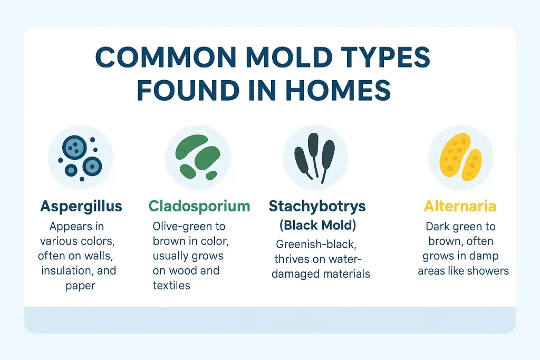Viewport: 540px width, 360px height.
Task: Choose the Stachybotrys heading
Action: pyautogui.click(x=318, y=206)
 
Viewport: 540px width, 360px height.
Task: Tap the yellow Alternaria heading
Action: pyautogui.click(x=460, y=206)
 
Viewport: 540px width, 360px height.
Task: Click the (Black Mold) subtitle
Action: pyautogui.click(x=317, y=225)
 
